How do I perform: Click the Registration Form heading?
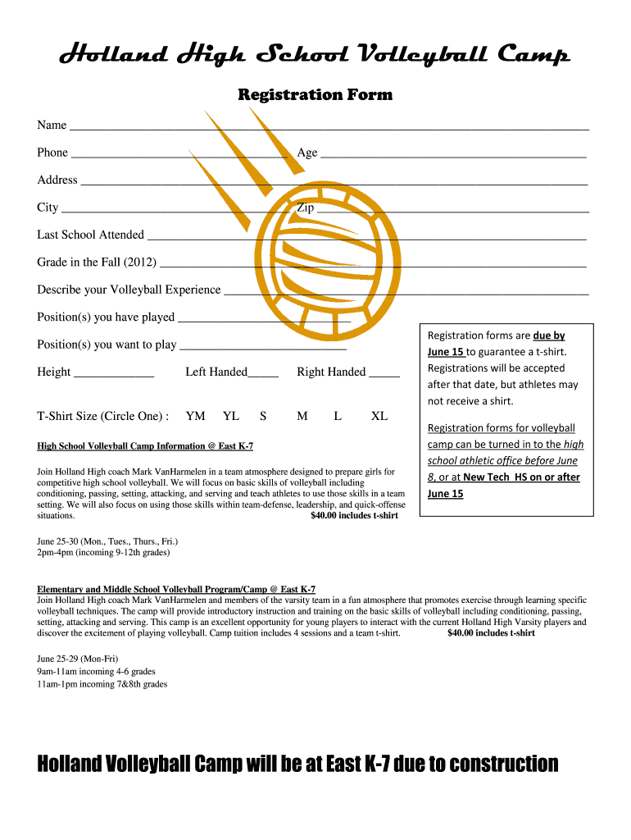(315, 95)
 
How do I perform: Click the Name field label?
(52, 125)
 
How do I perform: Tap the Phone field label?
(52, 153)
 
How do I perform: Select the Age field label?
(307, 153)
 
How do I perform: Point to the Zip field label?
(305, 208)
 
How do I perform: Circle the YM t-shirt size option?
(196, 416)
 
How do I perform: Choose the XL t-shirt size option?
(379, 416)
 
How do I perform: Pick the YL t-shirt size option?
(231, 416)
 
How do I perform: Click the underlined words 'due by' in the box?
(549, 336)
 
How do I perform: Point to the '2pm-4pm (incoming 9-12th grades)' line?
(103, 553)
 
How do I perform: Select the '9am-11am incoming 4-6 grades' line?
(96, 671)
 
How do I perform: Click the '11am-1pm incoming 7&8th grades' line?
(102, 683)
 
